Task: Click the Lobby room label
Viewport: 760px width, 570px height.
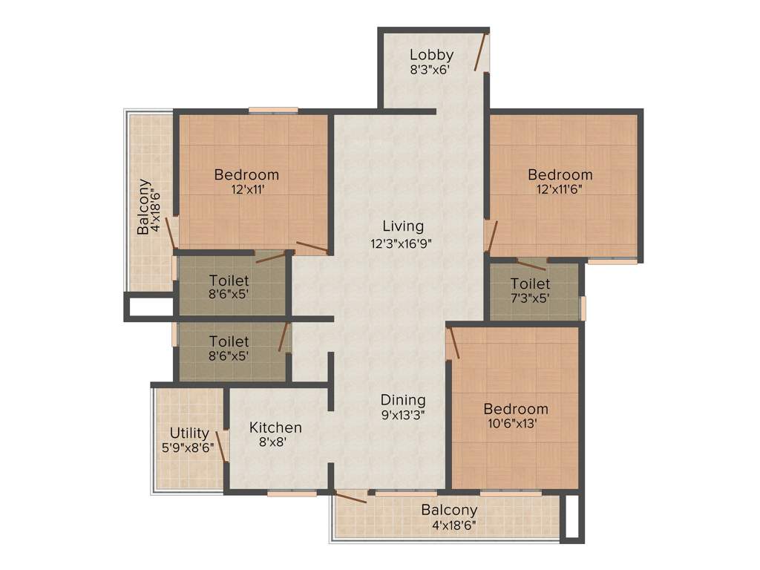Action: pos(431,55)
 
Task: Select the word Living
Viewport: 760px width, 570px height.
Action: pos(403,226)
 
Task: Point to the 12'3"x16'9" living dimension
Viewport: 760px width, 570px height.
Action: pos(403,242)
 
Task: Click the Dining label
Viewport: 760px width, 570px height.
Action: pos(403,399)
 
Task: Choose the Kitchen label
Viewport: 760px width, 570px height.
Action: pos(275,427)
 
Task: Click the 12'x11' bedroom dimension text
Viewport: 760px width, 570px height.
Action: pos(246,190)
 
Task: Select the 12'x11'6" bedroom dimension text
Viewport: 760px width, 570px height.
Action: pos(560,190)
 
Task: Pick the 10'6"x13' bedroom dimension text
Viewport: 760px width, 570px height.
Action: pos(516,424)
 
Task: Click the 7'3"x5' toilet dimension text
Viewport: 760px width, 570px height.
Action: pos(530,298)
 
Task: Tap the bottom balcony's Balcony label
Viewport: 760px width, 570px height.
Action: pos(449,511)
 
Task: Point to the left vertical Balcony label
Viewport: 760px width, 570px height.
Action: pos(144,207)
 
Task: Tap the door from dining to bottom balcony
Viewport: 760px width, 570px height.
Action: pos(350,497)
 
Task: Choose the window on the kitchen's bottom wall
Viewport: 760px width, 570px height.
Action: pos(292,492)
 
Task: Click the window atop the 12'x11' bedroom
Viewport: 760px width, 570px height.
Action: pos(273,111)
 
